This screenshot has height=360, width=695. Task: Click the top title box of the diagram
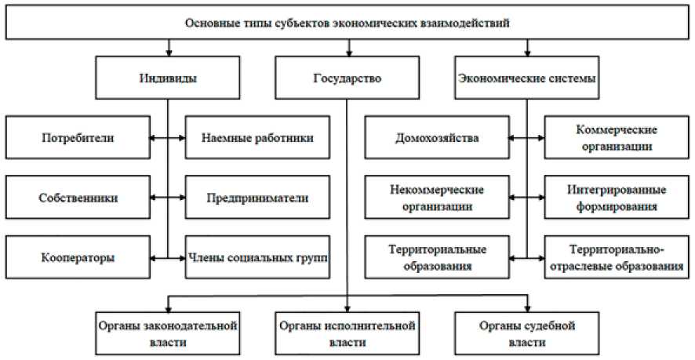point(347,23)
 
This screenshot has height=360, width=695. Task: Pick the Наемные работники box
point(257,138)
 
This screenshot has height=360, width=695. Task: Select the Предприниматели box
point(257,197)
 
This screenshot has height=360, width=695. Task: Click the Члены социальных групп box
point(257,256)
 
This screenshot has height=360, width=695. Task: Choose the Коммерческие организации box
point(617,138)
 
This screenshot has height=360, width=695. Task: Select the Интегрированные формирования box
point(617,197)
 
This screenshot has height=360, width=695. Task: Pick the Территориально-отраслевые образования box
point(617,256)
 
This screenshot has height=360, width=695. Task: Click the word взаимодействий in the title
point(468,23)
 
